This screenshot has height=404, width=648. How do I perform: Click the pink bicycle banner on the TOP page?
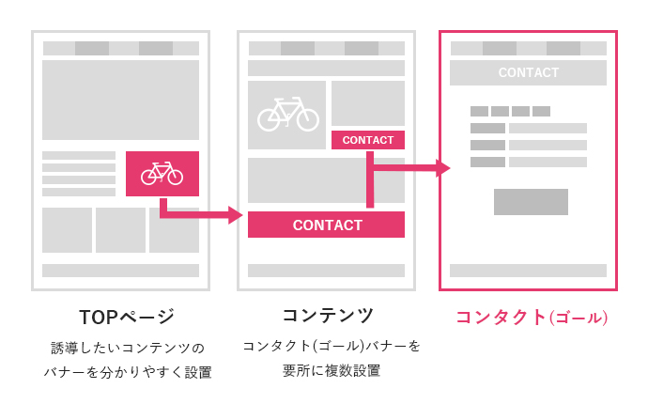[x=162, y=174]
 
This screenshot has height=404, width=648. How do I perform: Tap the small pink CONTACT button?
[x=368, y=140]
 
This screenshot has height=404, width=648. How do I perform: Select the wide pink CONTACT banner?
[x=327, y=225]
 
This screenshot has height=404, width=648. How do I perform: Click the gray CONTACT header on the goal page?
[x=528, y=72]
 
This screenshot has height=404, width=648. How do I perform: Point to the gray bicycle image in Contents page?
[x=287, y=115]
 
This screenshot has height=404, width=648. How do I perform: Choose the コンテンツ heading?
[x=328, y=316]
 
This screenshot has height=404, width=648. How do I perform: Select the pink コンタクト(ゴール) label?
[x=532, y=318]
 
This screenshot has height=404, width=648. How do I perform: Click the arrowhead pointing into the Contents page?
[x=235, y=215]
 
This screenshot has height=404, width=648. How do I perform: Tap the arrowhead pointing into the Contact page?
[x=443, y=168]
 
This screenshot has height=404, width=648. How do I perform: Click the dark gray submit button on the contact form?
[x=531, y=202]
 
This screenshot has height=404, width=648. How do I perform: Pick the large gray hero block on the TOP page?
[x=120, y=100]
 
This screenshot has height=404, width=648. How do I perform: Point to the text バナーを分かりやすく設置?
[x=127, y=372]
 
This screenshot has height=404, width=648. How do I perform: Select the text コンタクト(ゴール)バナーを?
[x=332, y=346]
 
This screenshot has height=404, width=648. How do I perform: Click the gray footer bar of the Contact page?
[x=528, y=271]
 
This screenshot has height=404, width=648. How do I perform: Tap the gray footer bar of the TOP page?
[x=120, y=271]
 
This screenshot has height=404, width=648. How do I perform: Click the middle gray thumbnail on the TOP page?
[x=120, y=230]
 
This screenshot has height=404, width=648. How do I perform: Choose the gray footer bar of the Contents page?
[x=326, y=271]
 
